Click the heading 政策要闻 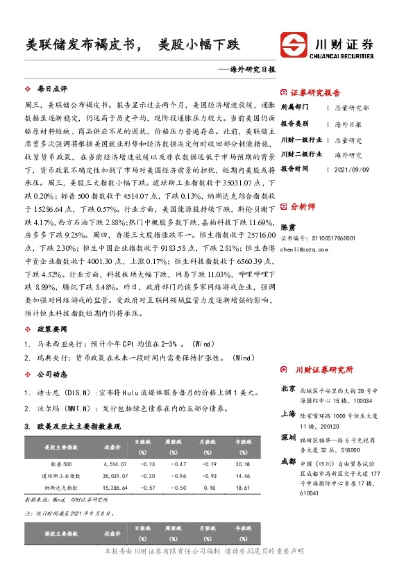pos(52,327)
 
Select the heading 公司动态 pos(52,374)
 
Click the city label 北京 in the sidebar pos(289,389)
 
